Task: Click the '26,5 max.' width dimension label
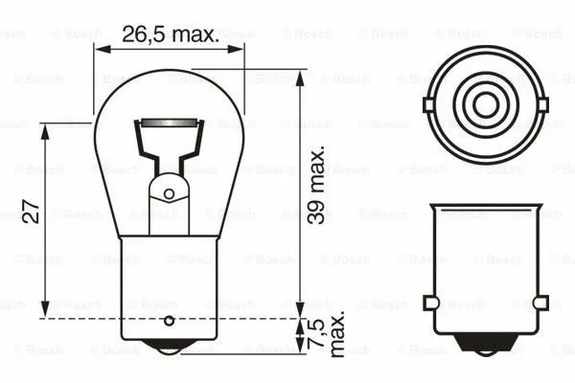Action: pos(169,34)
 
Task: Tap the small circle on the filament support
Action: pos(169,193)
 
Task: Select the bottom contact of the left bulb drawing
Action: pos(169,349)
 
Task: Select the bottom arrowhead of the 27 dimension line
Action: pos(46,312)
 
